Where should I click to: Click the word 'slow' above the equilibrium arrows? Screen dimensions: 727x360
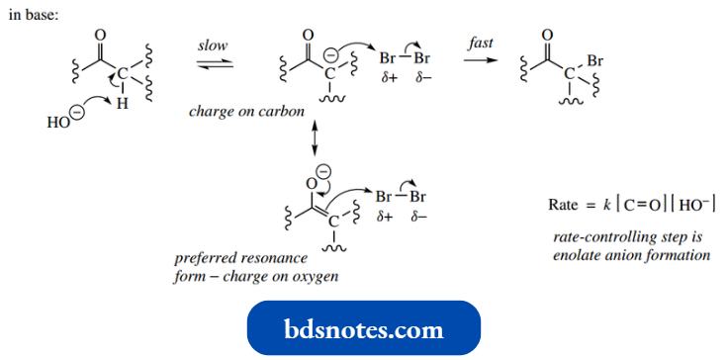[x=213, y=45]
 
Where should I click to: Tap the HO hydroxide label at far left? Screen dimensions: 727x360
[x=57, y=124]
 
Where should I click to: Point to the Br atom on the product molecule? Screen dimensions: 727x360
[x=594, y=61]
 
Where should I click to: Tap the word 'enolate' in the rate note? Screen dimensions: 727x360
[x=577, y=255]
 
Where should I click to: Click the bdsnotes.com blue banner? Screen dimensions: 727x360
[x=363, y=328]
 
